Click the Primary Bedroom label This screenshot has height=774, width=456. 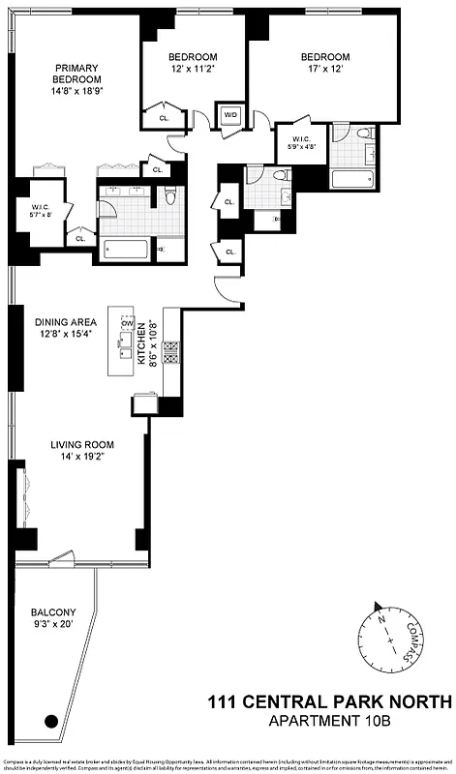point(76,73)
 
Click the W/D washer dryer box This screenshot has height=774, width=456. point(230,115)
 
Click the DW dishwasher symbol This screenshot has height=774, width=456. point(127,323)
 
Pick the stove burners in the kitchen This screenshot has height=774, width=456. point(171,354)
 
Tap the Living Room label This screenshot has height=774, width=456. point(82,451)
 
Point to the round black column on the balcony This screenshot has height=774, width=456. point(50,720)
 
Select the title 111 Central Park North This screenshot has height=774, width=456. point(330,701)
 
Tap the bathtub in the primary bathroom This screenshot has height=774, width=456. point(125,250)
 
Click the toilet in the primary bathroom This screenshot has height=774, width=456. point(169,197)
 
